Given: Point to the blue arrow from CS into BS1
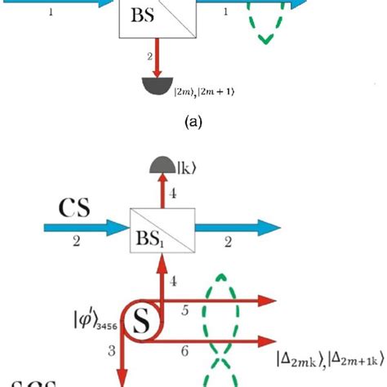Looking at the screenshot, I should [73, 229].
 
